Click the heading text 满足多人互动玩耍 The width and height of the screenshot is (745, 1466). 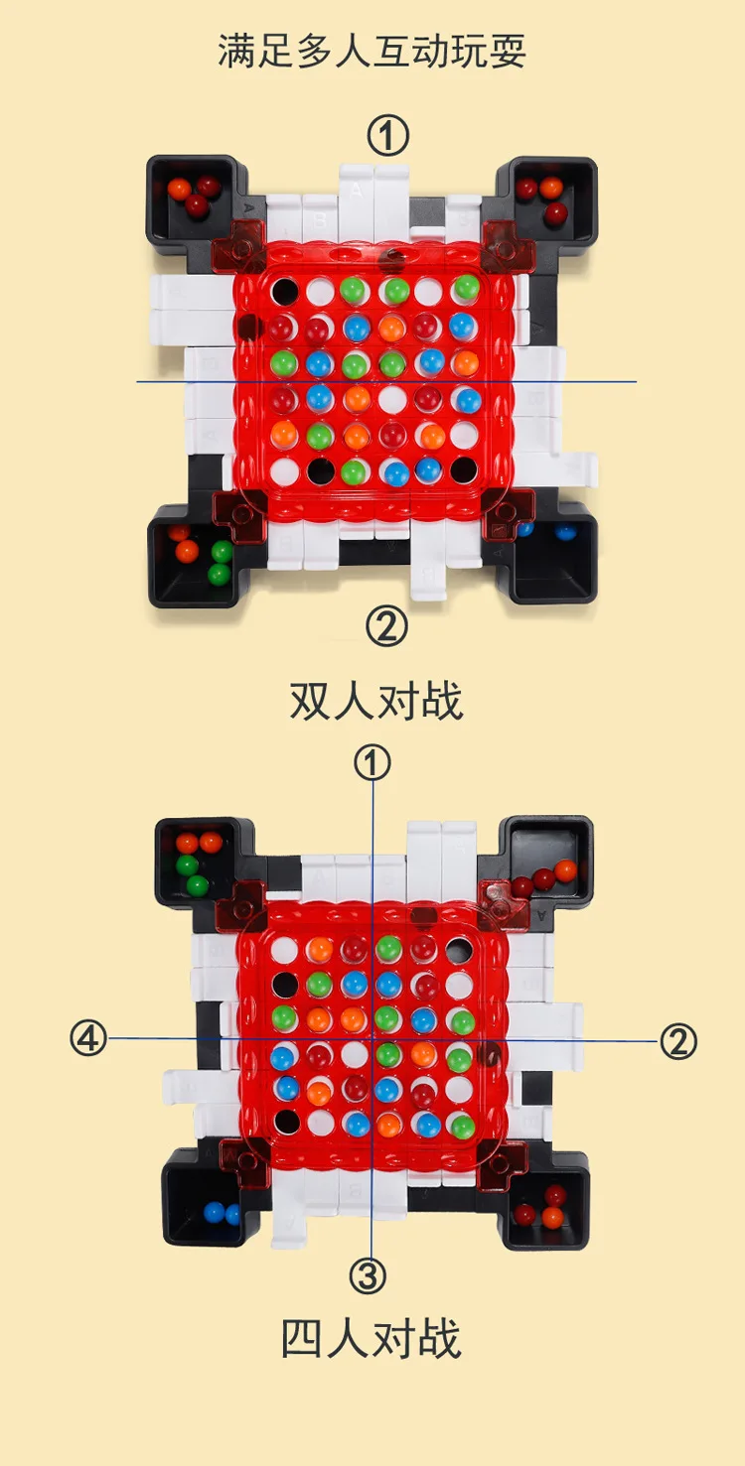[x=372, y=51]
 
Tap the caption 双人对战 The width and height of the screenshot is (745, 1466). [x=375, y=701]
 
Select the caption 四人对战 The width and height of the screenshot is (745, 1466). [x=372, y=1338]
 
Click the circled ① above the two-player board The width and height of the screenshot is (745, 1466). [x=388, y=136]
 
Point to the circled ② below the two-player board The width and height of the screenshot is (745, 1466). [x=387, y=626]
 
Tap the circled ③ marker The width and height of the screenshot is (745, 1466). [x=369, y=1275]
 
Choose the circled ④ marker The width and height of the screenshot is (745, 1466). [x=88, y=1039]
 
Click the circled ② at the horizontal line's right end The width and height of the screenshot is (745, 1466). [x=678, y=1041]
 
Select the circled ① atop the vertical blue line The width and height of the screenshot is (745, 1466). [x=372, y=763]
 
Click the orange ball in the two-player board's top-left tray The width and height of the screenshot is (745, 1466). [x=179, y=189]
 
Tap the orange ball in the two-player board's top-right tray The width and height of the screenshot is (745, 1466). [x=551, y=188]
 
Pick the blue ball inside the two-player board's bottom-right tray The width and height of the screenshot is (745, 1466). [x=564, y=532]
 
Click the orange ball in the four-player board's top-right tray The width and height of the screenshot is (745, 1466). [x=565, y=870]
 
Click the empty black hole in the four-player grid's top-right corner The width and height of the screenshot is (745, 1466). [x=460, y=949]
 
